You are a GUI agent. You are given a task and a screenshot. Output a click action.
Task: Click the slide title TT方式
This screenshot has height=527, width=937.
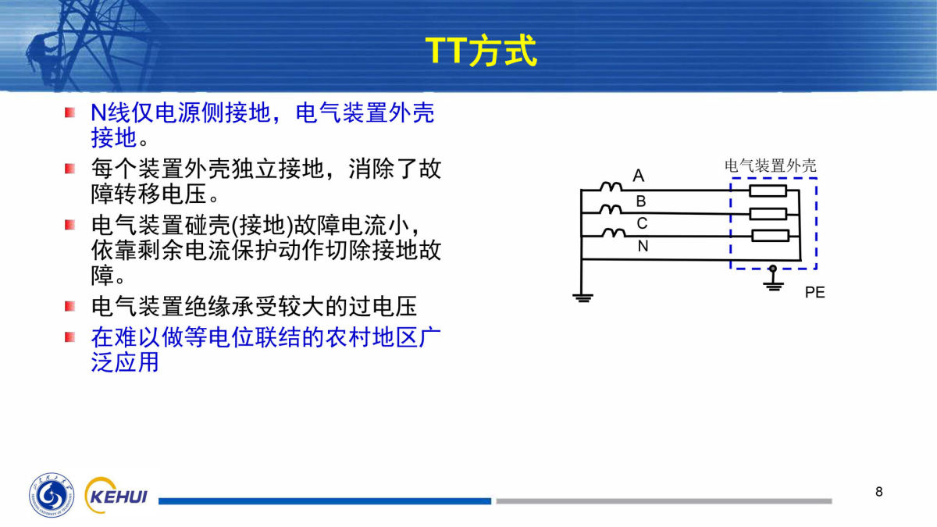(481, 51)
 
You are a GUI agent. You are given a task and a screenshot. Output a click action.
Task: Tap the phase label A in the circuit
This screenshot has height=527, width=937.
(639, 176)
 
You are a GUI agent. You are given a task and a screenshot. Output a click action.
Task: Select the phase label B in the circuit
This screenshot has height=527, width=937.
(641, 201)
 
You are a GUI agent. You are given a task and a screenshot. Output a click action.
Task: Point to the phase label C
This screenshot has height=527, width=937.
(642, 224)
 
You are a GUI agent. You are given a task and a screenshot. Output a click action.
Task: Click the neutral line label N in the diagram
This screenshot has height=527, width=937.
(643, 247)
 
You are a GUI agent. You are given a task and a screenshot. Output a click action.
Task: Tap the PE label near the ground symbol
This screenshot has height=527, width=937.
(815, 292)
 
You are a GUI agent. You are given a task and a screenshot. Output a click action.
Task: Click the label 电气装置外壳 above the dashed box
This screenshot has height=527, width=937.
(770, 166)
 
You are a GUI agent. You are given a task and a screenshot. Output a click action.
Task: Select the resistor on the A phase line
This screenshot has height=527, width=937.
(768, 191)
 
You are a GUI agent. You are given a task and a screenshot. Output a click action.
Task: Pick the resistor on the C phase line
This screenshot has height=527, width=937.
(771, 236)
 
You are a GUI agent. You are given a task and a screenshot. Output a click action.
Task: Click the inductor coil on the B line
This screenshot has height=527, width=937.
(611, 209)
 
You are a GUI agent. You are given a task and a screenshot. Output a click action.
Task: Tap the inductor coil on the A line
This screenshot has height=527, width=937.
(611, 187)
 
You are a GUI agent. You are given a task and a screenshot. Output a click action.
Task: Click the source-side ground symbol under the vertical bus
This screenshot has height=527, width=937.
(583, 297)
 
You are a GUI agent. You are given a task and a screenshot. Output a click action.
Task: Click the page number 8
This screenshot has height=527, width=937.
(879, 491)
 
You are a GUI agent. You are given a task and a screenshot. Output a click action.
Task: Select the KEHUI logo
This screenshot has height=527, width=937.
(116, 495)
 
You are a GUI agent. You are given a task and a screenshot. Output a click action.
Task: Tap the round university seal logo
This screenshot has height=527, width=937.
(52, 495)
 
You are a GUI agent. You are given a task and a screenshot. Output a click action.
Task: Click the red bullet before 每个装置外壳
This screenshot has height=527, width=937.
(69, 169)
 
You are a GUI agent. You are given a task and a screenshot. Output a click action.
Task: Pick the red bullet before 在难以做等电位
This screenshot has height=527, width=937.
(69, 336)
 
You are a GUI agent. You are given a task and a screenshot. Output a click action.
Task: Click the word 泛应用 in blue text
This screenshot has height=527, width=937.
(125, 362)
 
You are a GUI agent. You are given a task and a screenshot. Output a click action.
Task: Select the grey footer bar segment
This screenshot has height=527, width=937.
(664, 501)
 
